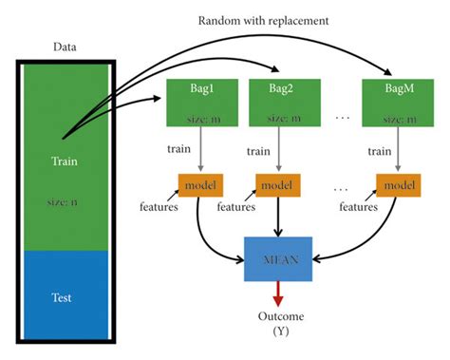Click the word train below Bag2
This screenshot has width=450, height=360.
tap(258, 150)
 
